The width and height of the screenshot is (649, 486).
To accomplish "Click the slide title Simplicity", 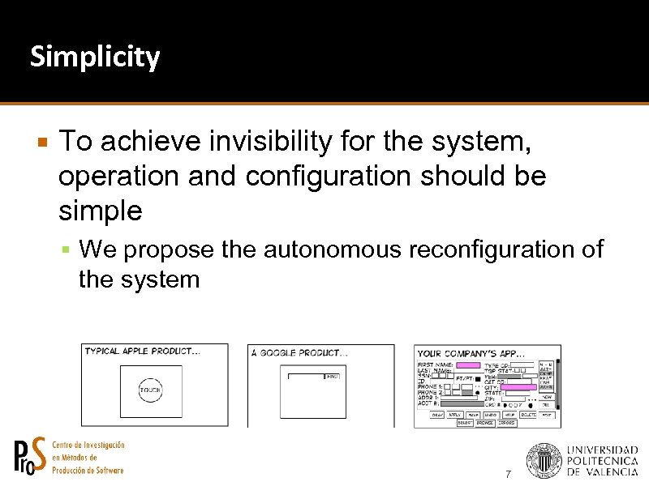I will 95,58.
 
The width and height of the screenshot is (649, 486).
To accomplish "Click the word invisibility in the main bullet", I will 259,142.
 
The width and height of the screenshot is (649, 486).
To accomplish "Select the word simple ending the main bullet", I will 101,211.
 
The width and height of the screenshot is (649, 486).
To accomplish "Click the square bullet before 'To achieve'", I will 43,143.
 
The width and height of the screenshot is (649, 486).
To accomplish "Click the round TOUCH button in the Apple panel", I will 150,390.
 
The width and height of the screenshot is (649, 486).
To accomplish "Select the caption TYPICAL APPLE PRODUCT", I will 143,352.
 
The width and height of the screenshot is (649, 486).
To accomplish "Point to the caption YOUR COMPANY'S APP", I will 471,353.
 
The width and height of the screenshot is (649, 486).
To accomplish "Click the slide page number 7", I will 508,474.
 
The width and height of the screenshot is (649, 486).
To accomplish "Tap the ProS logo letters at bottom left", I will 31,457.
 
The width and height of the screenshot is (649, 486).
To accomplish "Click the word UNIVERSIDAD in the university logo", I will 602,450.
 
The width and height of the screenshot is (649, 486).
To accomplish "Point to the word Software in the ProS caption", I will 106,470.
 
